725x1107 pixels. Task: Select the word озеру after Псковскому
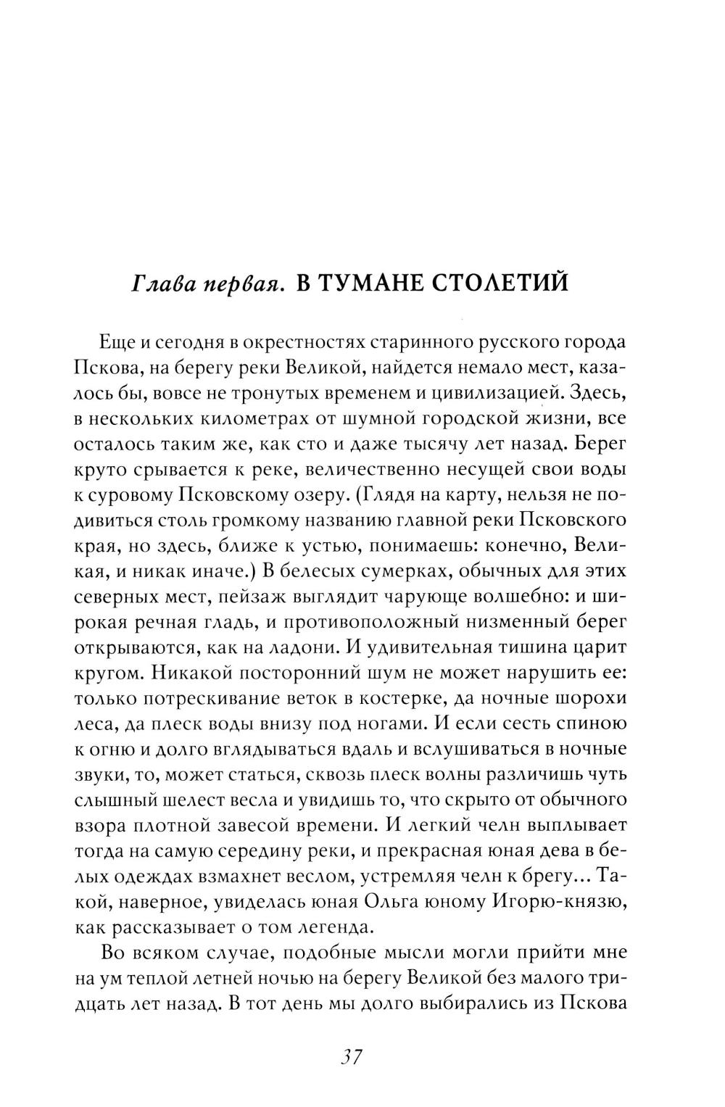(x=312, y=496)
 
